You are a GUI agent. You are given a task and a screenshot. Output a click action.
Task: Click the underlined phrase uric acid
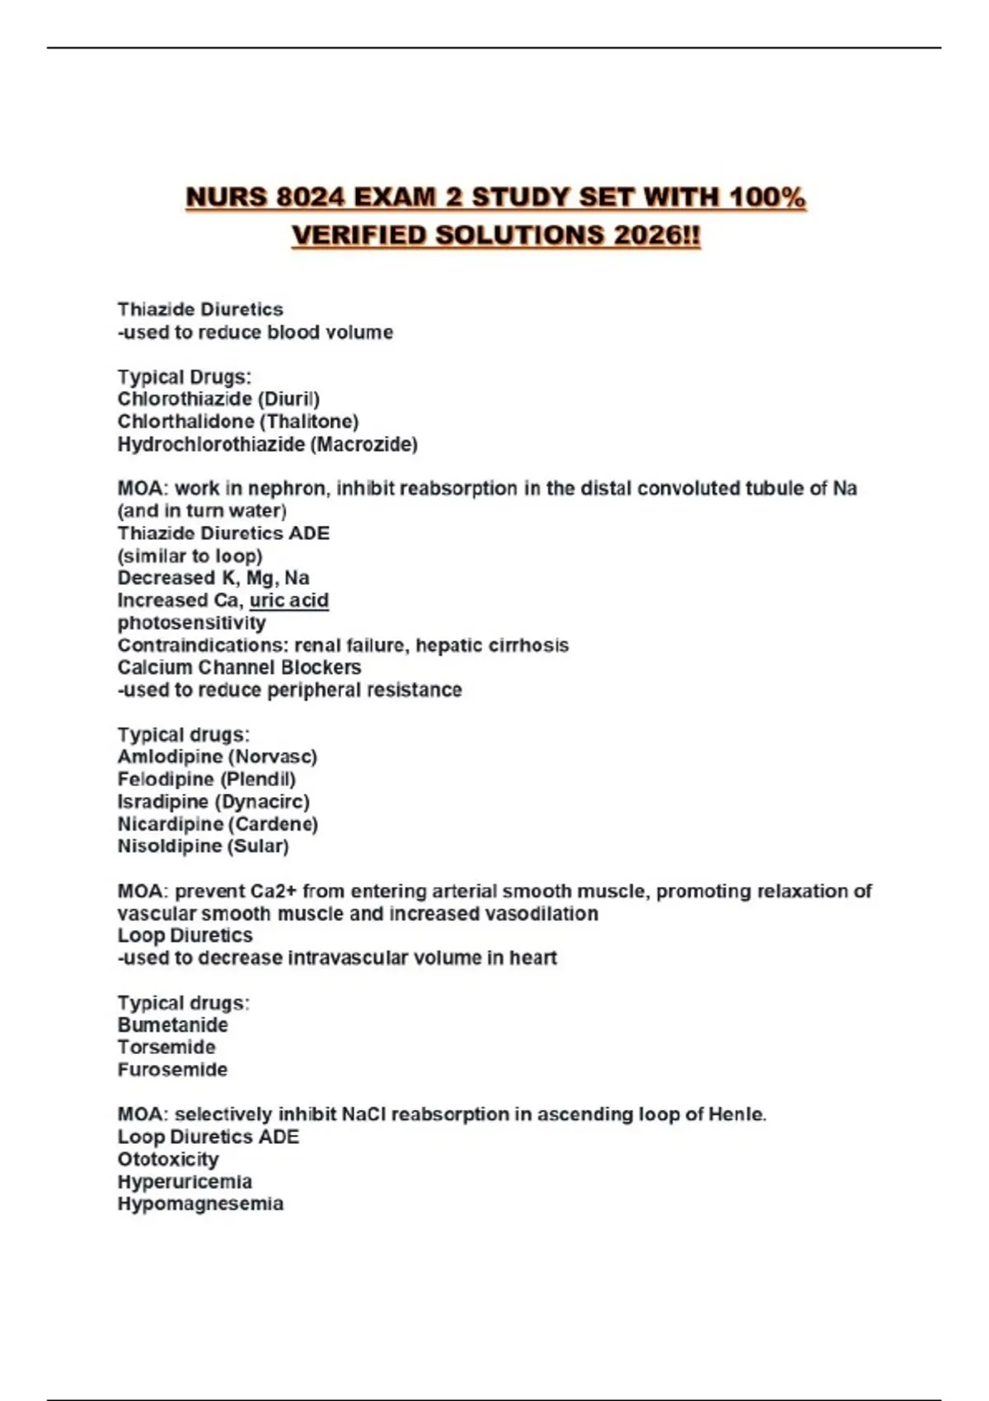288,601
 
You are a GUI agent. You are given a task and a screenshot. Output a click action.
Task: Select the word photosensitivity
191,623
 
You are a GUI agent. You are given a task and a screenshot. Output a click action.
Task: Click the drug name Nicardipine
170,824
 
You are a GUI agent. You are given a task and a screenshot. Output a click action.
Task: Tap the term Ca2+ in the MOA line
274,892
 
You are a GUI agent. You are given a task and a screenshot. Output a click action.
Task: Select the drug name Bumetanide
172,1025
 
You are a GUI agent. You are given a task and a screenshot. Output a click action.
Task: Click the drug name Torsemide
166,1047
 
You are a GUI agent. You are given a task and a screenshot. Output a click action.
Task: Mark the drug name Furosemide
172,1070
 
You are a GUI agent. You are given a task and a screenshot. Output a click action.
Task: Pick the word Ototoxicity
168,1160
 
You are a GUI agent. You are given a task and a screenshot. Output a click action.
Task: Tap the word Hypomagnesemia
200,1204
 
